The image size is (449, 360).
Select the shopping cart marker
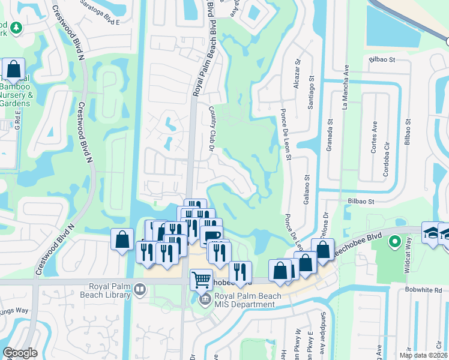[x=201, y=279]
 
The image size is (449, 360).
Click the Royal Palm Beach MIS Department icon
[x=205, y=298]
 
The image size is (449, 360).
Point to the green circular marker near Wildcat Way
[x=394, y=242]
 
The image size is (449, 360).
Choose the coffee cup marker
[x=211, y=235]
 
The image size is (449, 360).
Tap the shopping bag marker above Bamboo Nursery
[x=13, y=70]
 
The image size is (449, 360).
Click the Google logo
[x=20, y=353]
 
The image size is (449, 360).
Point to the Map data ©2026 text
[x=423, y=355]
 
